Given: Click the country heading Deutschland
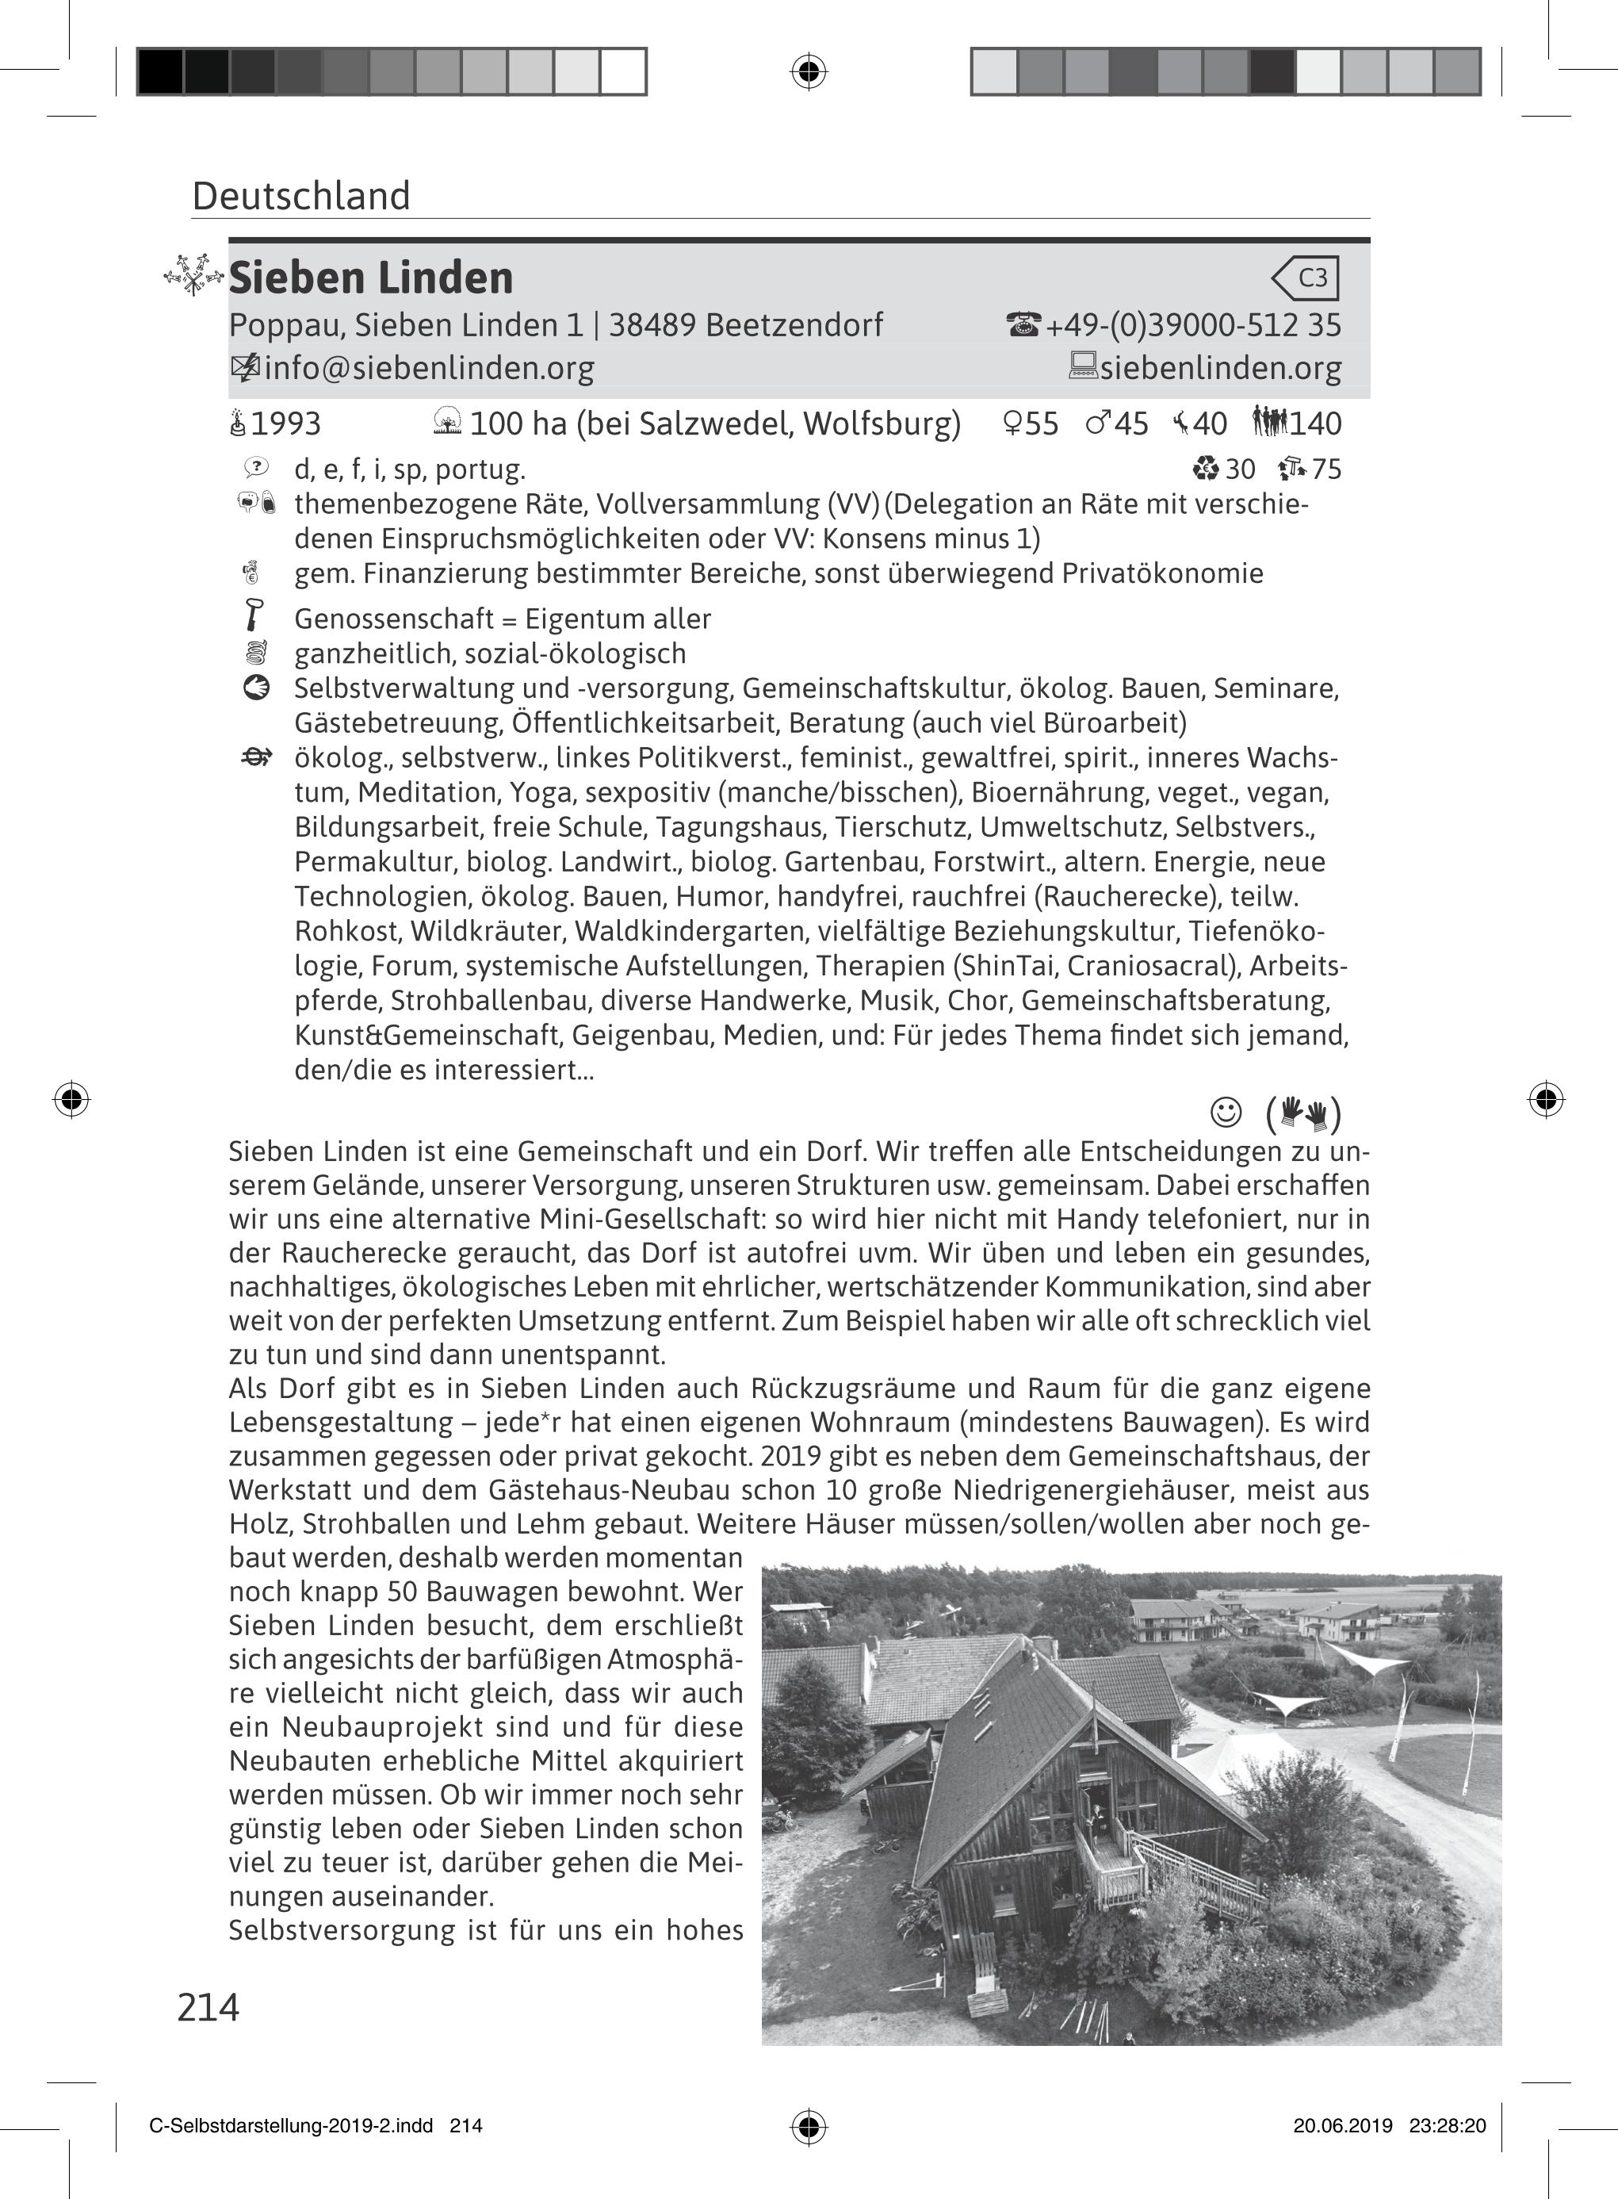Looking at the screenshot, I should pyautogui.click(x=300, y=196).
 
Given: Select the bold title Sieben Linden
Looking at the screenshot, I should pyautogui.click(x=371, y=278).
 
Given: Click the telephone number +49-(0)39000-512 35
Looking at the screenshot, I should pyautogui.click(x=1193, y=325).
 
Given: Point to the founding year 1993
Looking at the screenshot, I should pyautogui.click(x=285, y=424).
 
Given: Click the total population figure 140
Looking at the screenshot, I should pyautogui.click(x=1314, y=424).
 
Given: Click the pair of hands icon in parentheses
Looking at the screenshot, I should pyautogui.click(x=1303, y=1113).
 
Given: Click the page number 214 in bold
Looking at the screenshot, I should pyautogui.click(x=208, y=2007).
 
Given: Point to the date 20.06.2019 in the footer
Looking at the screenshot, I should pyautogui.click(x=1342, y=2125).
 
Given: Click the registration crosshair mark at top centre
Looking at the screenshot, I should pyautogui.click(x=808, y=71).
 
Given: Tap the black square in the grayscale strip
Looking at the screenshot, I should pyautogui.click(x=159, y=71).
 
